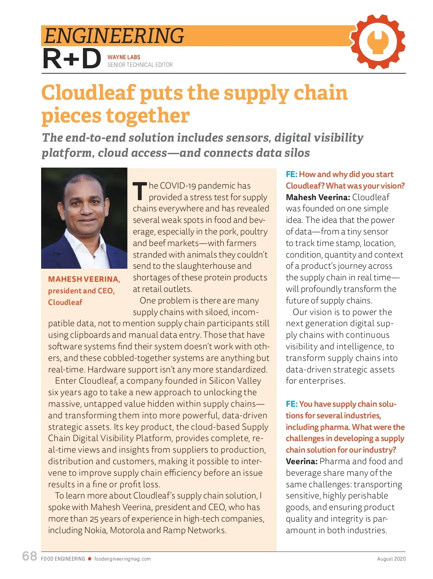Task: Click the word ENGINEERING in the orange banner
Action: pyautogui.click(x=114, y=36)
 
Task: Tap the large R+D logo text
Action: pyautogui.click(x=72, y=59)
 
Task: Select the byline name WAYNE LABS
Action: pyautogui.click(x=124, y=57)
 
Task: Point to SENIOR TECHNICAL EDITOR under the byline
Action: pyautogui.click(x=140, y=65)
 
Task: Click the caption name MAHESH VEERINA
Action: pyautogui.click(x=84, y=279)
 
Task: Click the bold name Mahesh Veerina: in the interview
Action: pyautogui.click(x=318, y=197)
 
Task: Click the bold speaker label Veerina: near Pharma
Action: pyautogui.click(x=302, y=461)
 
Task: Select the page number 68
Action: pyautogui.click(x=30, y=556)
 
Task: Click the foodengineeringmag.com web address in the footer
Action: pyautogui.click(x=122, y=559)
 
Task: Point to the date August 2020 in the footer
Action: pyautogui.click(x=391, y=559)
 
